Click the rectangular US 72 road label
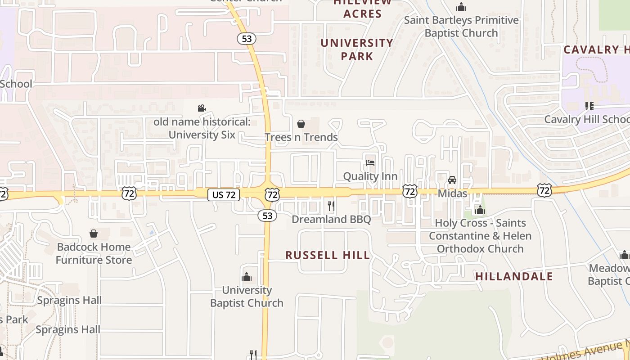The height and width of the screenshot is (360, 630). coord(224,195)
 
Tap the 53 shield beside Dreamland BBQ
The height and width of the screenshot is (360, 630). coord(267,216)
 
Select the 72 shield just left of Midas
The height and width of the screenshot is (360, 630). coord(409,191)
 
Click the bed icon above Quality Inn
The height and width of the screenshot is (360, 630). coord(370,162)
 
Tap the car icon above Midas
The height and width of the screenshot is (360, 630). coord(452,180)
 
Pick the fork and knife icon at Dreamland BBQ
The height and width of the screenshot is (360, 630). coord(331,206)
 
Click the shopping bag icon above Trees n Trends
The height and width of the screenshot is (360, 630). coord(301,123)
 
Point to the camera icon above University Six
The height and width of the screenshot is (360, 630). coord(202,108)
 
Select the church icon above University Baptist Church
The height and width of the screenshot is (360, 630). coord(247,276)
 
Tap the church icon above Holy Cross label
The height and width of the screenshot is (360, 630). coord(480,210)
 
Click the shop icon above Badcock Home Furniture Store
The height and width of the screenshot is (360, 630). coord(94,233)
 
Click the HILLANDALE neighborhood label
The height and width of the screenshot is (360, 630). coord(514,276)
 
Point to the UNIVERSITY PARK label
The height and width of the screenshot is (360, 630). coord(357,49)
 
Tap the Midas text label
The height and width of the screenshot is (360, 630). coord(452,193)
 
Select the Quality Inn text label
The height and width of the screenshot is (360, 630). coord(370,176)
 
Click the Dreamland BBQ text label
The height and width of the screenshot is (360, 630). coord(331,219)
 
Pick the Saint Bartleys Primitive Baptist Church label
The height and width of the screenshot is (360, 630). coord(461,27)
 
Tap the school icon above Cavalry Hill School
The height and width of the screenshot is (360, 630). coord(589,106)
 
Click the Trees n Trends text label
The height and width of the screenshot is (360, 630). coord(301,137)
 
